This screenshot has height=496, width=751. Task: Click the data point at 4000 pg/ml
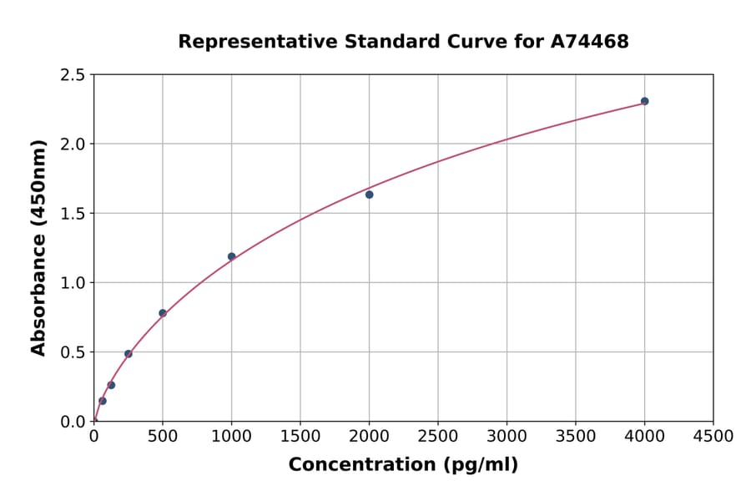pyautogui.click(x=644, y=101)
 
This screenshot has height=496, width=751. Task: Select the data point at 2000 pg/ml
pyautogui.click(x=369, y=195)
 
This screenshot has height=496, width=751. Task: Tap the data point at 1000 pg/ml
pyautogui.click(x=231, y=256)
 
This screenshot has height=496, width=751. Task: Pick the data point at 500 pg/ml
pyautogui.click(x=163, y=313)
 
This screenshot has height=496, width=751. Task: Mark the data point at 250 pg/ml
pyautogui.click(x=129, y=354)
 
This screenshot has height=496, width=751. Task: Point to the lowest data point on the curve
pyautogui.click(x=103, y=401)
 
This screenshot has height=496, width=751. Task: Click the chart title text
pyautogui.click(x=403, y=41)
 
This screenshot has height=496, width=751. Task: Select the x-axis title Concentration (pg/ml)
pyautogui.click(x=403, y=465)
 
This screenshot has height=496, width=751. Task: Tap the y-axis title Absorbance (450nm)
pyautogui.click(x=38, y=247)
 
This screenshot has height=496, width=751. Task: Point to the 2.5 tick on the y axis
pyautogui.click(x=73, y=75)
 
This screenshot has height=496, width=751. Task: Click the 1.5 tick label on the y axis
pyautogui.click(x=73, y=214)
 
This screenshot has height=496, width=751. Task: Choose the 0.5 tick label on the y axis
pyautogui.click(x=73, y=352)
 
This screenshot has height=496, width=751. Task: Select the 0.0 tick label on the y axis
pyautogui.click(x=73, y=422)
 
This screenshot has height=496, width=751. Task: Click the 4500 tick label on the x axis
pyautogui.click(x=713, y=437)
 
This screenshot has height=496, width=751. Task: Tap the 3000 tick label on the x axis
pyautogui.click(x=507, y=437)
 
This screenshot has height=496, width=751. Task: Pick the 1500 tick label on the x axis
pyautogui.click(x=300, y=437)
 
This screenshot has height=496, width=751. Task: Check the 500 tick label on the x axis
pyautogui.click(x=163, y=437)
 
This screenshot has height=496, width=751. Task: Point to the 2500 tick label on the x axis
pyautogui.click(x=438, y=437)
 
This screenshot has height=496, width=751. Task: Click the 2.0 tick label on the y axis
pyautogui.click(x=73, y=144)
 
